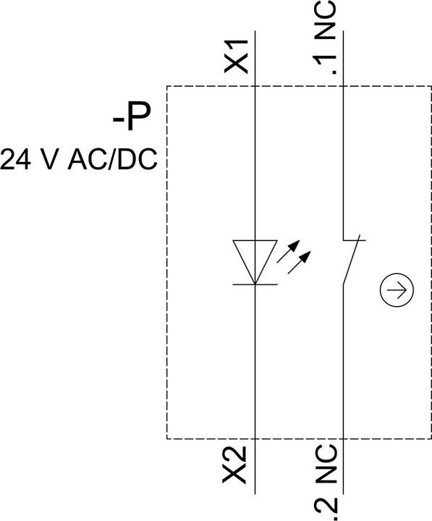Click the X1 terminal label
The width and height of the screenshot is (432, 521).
(236, 56)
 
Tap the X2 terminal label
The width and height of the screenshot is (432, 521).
(234, 465)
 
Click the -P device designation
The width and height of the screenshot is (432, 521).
(132, 117)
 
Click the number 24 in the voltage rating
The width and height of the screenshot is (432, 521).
(16, 159)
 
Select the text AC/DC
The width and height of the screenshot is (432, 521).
(112, 159)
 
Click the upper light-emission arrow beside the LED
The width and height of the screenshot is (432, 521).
(288, 252)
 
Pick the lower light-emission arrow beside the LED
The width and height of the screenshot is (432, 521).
(299, 263)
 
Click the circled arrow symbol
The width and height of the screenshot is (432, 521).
(397, 289)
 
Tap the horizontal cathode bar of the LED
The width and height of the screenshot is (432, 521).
(255, 284)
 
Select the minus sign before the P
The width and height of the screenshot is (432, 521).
(118, 119)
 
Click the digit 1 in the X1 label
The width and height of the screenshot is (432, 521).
(237, 46)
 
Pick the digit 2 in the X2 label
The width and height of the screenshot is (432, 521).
(234, 455)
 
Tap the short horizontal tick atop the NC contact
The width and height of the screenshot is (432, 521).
(355, 240)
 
